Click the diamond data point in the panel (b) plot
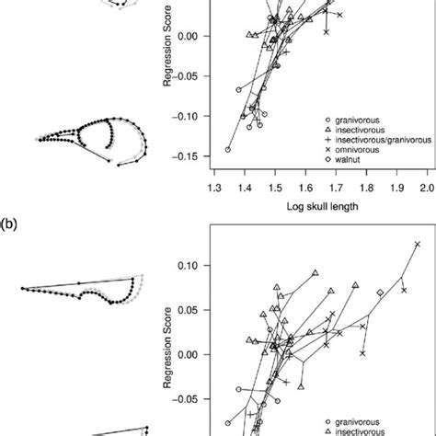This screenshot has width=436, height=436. (381, 293)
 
